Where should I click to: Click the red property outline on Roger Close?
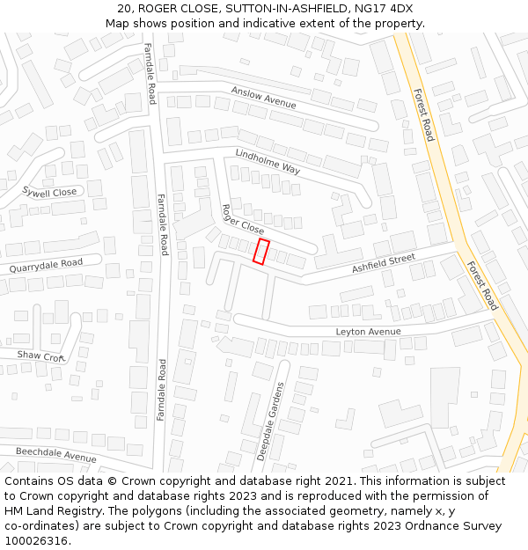(x=261, y=251)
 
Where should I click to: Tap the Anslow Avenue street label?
(x=263, y=98)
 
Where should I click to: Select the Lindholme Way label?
(x=268, y=162)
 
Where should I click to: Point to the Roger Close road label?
(x=243, y=219)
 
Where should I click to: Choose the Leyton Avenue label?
(x=368, y=332)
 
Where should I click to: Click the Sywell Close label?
(x=48, y=192)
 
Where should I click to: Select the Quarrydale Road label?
(x=46, y=264)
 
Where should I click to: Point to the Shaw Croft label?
(x=41, y=356)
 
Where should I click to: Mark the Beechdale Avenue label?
(x=55, y=454)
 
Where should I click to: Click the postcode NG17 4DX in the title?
(x=382, y=9)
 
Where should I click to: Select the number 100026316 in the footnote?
(x=36, y=541)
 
